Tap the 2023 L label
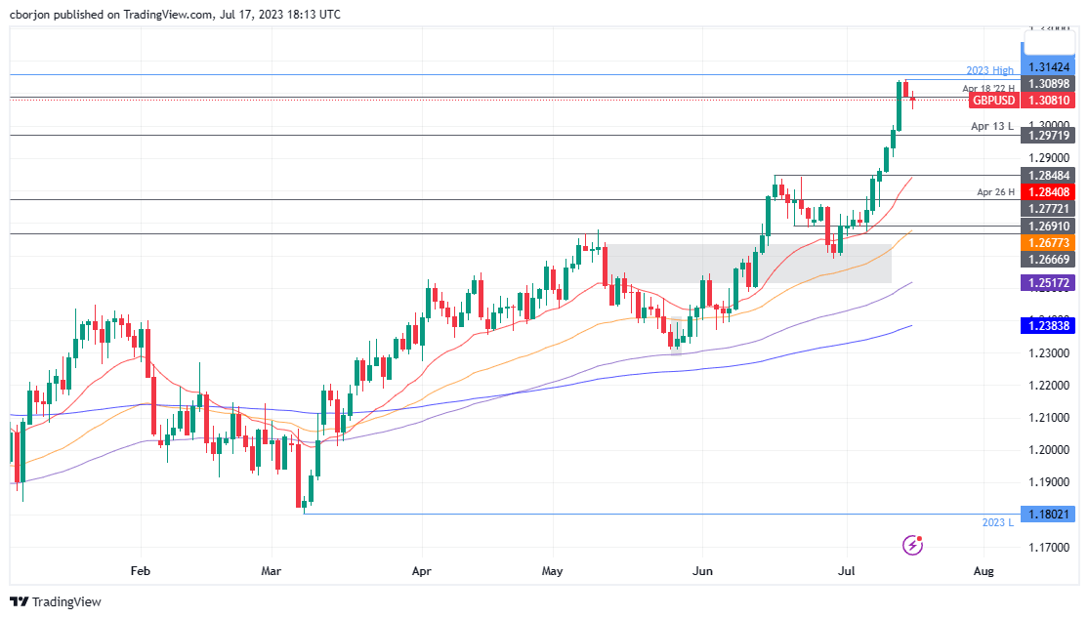998,523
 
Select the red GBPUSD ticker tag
993,101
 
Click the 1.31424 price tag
1048,68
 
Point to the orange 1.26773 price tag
1048,241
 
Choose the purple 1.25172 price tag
1048,283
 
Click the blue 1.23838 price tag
1048,325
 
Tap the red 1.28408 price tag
1048,192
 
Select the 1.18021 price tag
1048,514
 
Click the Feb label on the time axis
142,569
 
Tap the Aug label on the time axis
984,569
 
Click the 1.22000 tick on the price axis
1048,386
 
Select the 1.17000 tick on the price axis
1048,548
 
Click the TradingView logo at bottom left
56,601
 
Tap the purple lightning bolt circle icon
913,545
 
